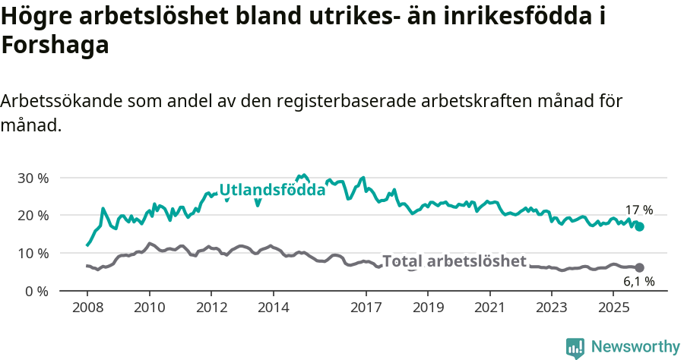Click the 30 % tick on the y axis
tap(33, 178)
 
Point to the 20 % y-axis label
tap(33, 216)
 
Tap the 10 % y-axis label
tap(33, 253)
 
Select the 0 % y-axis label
tap(36, 291)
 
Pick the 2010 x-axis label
tap(149, 308)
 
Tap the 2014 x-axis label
tap(273, 308)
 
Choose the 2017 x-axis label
tap(366, 308)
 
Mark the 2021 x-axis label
tap(489, 308)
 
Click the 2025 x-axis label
tap(613, 308)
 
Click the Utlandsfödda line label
tap(272, 190)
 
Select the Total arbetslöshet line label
tap(454, 261)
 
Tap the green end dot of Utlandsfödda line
tap(640, 226)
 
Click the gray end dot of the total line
tap(640, 267)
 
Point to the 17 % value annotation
tap(638, 210)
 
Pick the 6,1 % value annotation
tap(638, 281)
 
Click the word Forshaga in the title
tap(55, 46)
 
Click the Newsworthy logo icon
tap(575, 347)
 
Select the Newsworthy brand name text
tap(635, 347)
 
